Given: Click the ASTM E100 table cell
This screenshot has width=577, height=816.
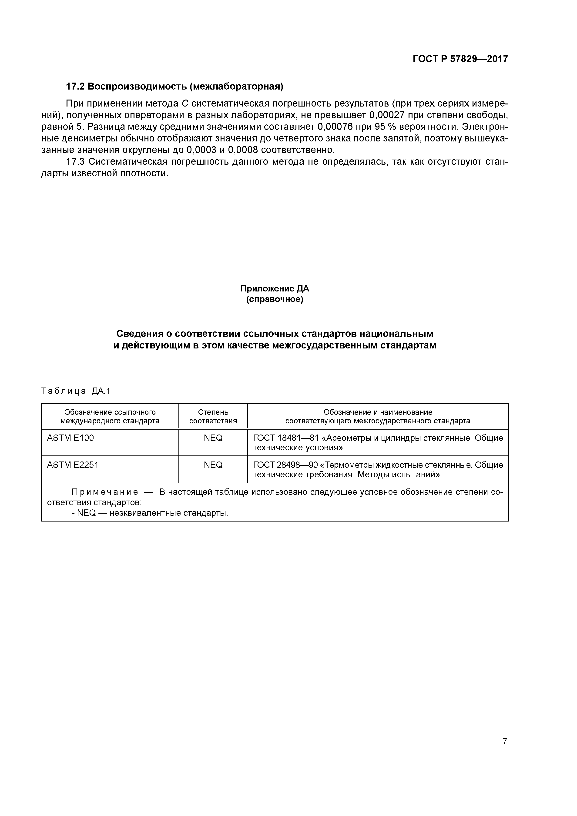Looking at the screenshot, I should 70,438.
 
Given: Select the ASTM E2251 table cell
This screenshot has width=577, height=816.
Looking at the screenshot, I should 73,465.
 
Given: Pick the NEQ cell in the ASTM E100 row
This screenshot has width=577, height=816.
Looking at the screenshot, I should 213,438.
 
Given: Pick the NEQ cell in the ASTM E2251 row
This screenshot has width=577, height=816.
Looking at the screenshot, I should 213,465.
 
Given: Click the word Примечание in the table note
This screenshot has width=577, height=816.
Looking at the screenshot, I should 105,492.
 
